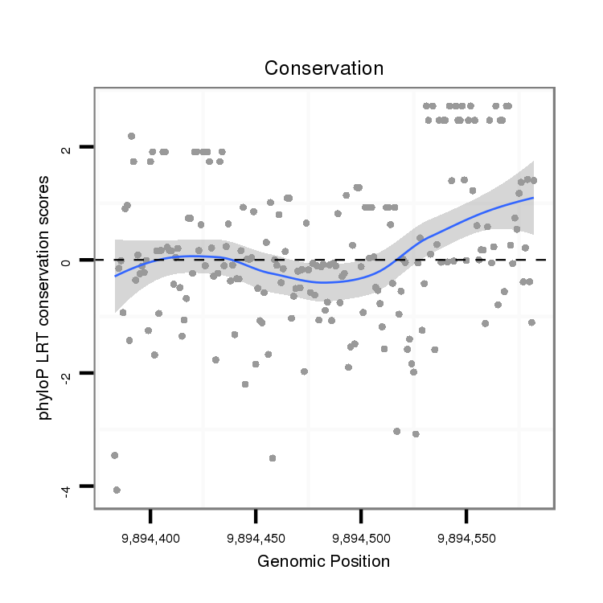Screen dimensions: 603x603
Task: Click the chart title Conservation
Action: pyautogui.click(x=325, y=69)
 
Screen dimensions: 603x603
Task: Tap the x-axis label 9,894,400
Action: pyautogui.click(x=150, y=537)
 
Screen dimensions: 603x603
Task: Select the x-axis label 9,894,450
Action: pyautogui.click(x=256, y=537)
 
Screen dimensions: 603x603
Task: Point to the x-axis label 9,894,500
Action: pyautogui.click(x=361, y=537)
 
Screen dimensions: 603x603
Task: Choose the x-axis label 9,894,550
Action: pyautogui.click(x=466, y=537)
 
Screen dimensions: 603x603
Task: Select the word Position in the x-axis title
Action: pyautogui.click(x=359, y=561)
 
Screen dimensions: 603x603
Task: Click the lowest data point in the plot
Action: pyautogui.click(x=117, y=490)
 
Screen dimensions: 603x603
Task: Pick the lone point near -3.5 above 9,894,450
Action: pyautogui.click(x=273, y=457)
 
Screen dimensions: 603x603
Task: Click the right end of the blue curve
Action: pyautogui.click(x=533, y=198)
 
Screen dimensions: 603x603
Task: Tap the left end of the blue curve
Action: pyautogui.click(x=115, y=276)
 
